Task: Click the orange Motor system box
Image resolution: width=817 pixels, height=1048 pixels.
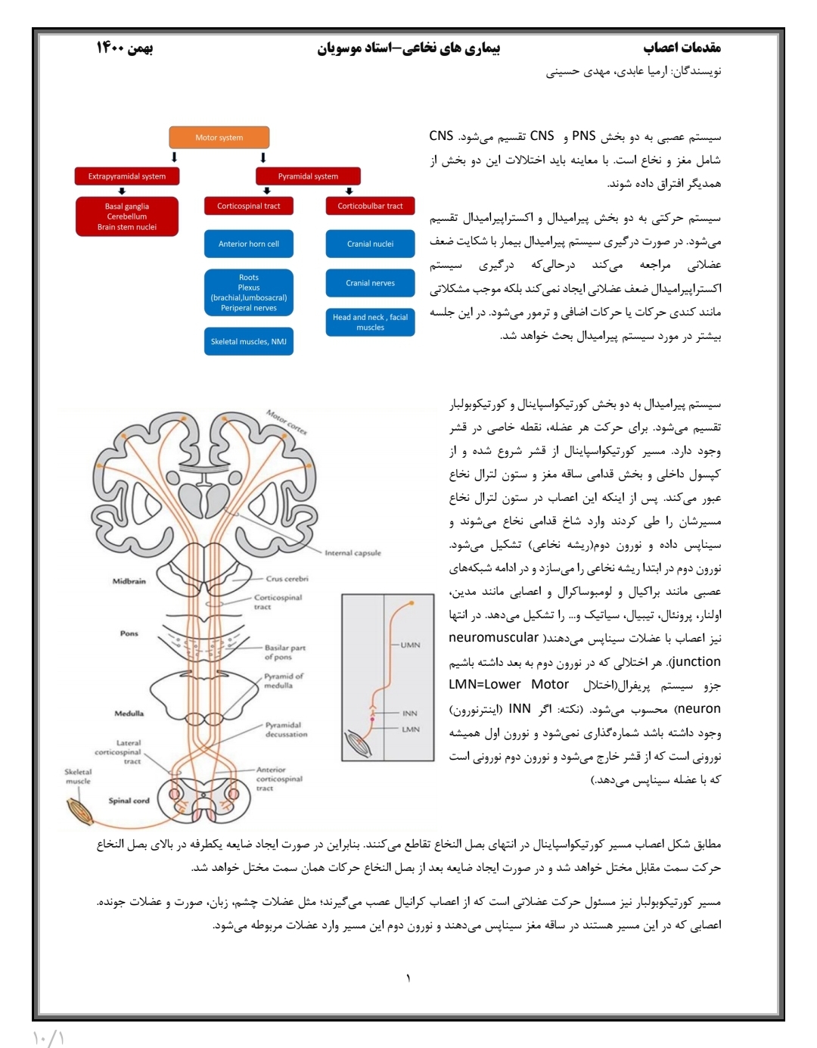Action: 219,138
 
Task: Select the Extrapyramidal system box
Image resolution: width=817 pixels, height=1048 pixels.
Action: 127,176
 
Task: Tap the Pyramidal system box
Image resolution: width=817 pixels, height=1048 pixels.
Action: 308,176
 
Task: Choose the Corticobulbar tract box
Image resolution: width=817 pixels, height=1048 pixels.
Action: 370,206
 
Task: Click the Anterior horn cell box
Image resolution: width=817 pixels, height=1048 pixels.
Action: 249,244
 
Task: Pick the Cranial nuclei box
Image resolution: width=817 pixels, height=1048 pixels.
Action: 370,244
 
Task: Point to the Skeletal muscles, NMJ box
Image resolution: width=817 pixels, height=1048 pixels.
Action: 249,341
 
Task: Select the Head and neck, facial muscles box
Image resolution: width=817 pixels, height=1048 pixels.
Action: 370,322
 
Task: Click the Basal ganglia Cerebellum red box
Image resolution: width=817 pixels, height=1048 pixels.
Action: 127,216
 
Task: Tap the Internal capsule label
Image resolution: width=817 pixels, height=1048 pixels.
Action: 353,553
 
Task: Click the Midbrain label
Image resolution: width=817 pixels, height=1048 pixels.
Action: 129,581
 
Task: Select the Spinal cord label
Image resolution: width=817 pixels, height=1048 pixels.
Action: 129,801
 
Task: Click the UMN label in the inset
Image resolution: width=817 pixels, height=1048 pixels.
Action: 410,645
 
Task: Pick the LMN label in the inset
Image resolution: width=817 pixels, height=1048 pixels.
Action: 411,729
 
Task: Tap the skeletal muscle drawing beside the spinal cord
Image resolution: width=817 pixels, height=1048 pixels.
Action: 80,811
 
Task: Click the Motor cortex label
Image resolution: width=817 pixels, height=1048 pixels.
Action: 287,422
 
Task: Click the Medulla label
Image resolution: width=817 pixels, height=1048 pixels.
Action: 129,713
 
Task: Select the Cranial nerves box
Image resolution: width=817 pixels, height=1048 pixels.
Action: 370,283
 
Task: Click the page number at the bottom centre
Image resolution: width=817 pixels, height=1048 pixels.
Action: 408,978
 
